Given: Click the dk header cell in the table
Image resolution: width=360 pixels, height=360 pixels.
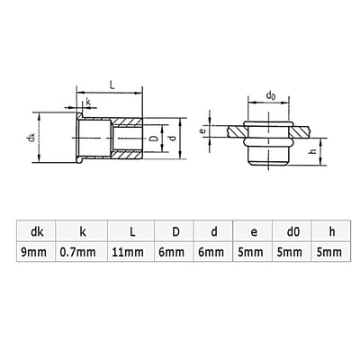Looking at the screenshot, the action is tap(37, 231).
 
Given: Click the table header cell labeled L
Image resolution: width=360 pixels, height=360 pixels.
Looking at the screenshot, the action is tap(130, 231).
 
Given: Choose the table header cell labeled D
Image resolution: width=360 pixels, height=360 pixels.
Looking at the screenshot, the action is tap(175, 231).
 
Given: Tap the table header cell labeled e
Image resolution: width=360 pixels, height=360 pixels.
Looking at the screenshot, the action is tap(253, 231).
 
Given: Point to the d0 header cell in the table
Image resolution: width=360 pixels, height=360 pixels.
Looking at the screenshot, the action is tap(292, 231).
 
